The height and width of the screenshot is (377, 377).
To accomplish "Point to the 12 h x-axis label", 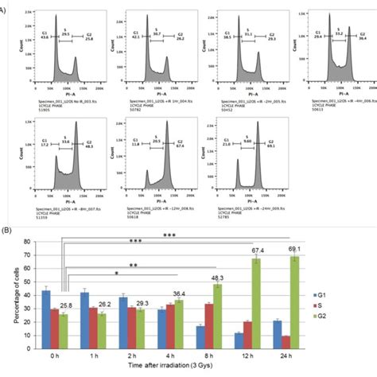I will coord(256,357).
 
